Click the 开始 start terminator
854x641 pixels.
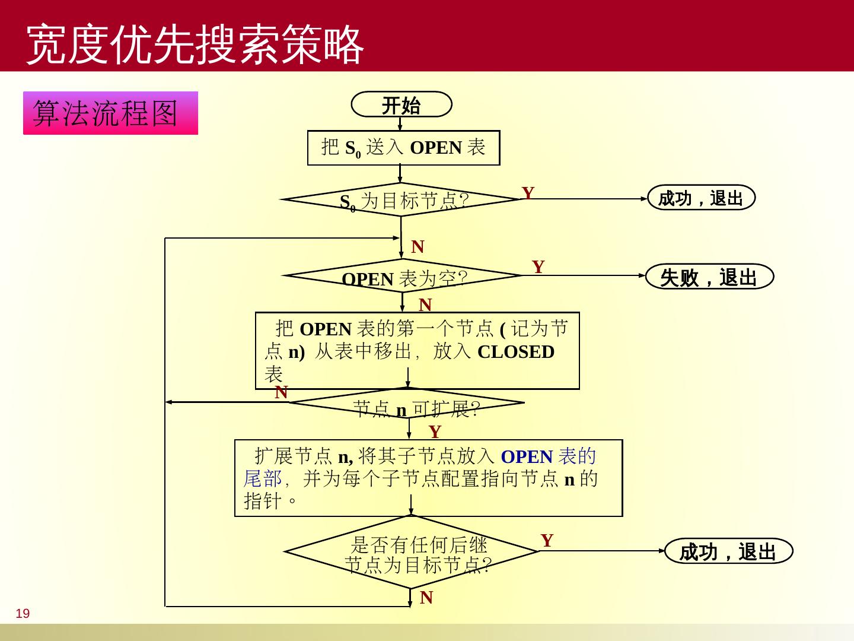[401, 105]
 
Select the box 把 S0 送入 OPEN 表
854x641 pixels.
[403, 148]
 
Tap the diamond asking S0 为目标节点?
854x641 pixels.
[401, 200]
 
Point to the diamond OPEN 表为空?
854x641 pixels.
[403, 276]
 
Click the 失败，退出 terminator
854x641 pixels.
[709, 277]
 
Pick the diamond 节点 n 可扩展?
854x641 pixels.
[407, 404]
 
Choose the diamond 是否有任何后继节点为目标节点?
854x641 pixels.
[412, 552]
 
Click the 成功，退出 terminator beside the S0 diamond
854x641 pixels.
[701, 198]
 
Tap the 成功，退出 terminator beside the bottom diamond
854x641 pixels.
[728, 551]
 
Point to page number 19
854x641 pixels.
[23, 614]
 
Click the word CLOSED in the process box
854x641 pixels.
[515, 352]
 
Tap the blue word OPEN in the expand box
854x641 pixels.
[527, 456]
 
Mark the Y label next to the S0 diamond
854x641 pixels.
[528, 193]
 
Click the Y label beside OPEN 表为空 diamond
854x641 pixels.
[538, 266]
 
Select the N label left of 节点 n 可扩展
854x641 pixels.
[281, 392]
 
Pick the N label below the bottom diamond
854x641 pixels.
[426, 598]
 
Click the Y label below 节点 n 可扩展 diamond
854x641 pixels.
[435, 431]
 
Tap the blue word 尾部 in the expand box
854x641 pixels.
[263, 478]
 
